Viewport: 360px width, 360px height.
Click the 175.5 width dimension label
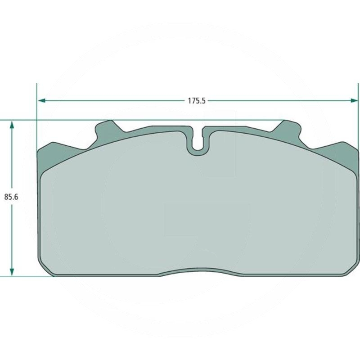click(x=197, y=101)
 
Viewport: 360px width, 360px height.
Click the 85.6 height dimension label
click(x=11, y=197)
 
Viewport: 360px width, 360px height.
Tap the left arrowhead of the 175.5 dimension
click(x=41, y=100)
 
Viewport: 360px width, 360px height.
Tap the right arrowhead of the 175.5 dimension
click(x=354, y=100)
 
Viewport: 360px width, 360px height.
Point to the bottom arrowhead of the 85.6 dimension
click(x=12, y=272)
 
